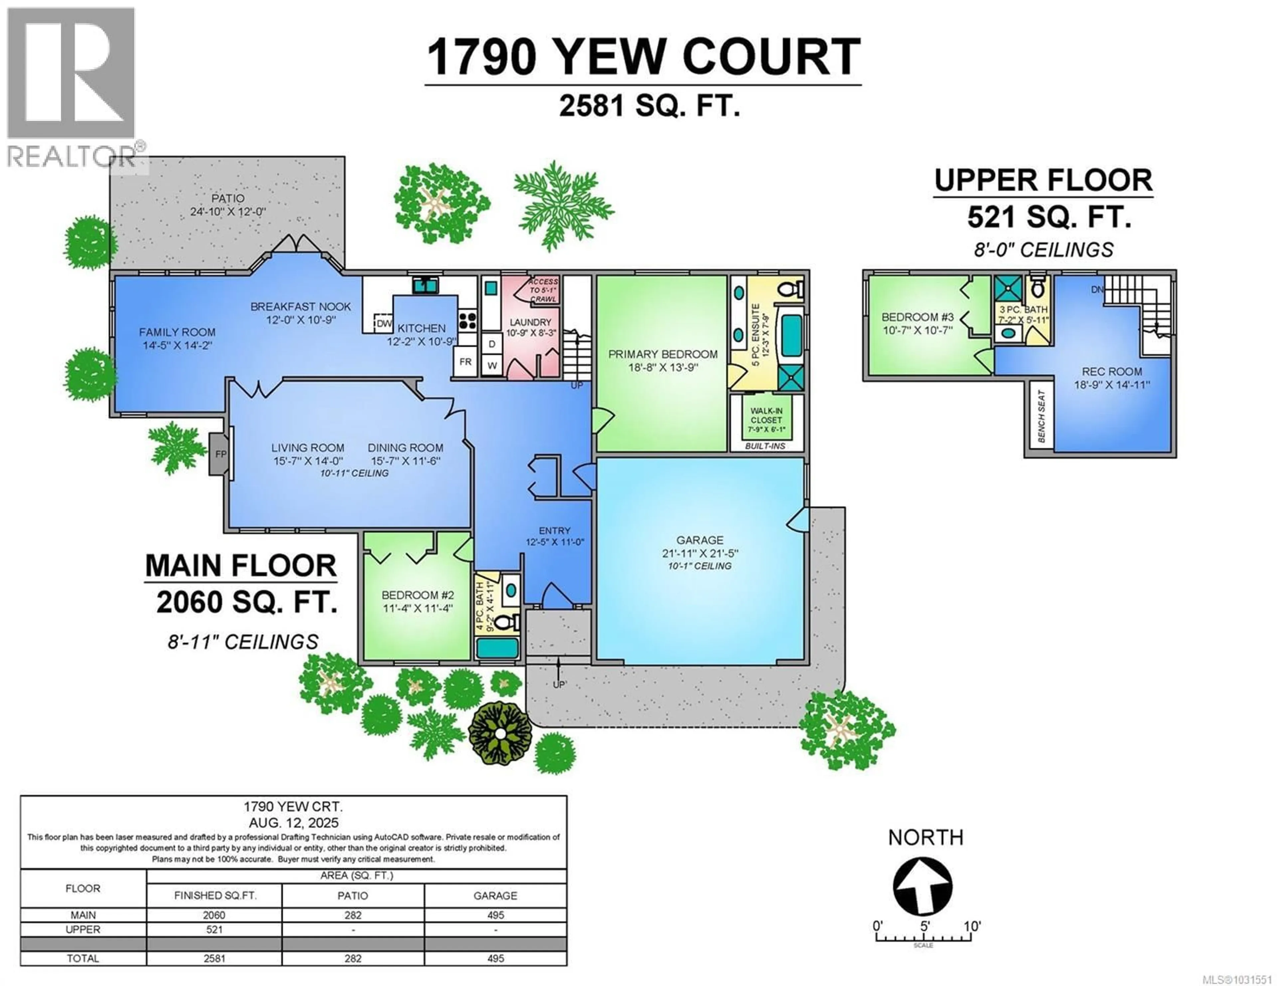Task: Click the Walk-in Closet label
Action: (x=766, y=415)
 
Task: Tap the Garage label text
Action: (x=700, y=540)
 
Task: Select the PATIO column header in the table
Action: (x=353, y=895)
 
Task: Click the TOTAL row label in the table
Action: (x=83, y=958)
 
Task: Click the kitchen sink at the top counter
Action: (x=425, y=285)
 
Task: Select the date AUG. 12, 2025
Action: (x=294, y=823)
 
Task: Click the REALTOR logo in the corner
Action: (x=71, y=88)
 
